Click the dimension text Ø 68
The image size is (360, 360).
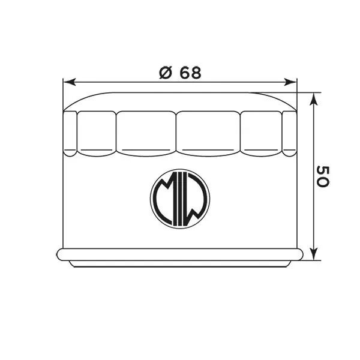tap(180, 73)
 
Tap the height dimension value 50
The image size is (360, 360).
tap(322, 176)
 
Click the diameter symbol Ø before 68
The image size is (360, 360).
tap(166, 73)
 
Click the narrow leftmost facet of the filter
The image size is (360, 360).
tap(70, 133)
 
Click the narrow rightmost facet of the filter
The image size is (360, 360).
tap(289, 133)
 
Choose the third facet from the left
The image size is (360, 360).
tap(145, 132)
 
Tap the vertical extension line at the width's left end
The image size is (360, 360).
tap(63, 96)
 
